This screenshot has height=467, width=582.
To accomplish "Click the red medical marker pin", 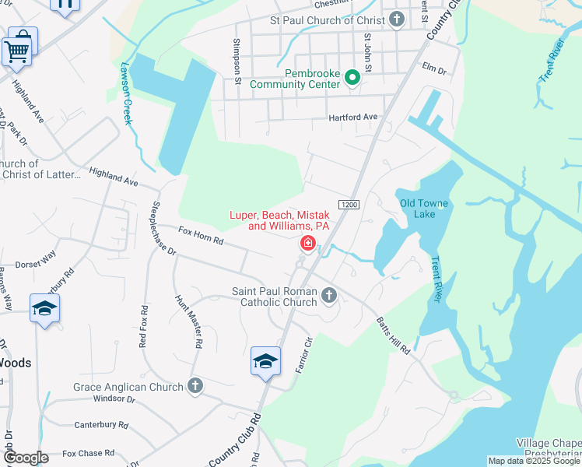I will click(x=308, y=245).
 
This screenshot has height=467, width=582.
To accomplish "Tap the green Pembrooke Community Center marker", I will click(x=352, y=77).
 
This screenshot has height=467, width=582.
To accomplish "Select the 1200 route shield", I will click(x=348, y=204).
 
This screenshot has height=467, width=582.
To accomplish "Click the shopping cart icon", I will click(x=19, y=49).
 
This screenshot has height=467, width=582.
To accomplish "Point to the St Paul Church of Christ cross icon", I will click(x=397, y=19).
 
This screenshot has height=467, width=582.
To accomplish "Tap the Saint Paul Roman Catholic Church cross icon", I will click(x=329, y=295).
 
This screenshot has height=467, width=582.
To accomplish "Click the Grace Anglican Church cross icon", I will click(x=195, y=386).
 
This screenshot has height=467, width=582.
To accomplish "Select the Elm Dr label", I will click(x=433, y=69).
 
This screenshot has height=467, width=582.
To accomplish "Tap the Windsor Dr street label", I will click(x=114, y=399).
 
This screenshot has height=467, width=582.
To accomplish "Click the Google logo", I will click(x=26, y=458).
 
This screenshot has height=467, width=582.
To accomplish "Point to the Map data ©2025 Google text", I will click(x=533, y=461).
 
